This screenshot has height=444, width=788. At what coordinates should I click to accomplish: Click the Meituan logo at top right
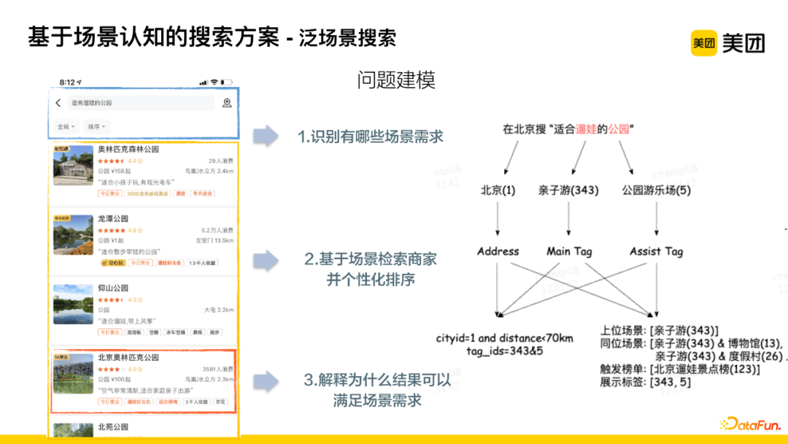click(x=727, y=44)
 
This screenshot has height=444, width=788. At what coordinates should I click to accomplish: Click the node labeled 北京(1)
click(x=498, y=190)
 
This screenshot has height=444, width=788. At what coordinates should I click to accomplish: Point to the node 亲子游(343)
click(x=568, y=190)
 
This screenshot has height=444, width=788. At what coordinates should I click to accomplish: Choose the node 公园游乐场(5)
click(x=656, y=190)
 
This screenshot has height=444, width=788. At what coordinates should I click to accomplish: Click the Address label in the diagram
click(x=498, y=251)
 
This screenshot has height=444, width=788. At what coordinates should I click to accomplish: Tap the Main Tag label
click(x=569, y=251)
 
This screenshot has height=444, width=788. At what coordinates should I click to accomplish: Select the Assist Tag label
click(x=656, y=251)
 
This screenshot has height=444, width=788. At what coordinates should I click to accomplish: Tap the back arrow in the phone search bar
click(x=58, y=103)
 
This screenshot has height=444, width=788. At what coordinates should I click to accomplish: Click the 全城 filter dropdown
click(x=66, y=126)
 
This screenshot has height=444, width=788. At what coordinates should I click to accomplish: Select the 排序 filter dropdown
click(x=96, y=126)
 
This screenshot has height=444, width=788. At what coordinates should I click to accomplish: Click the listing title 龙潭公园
click(x=113, y=218)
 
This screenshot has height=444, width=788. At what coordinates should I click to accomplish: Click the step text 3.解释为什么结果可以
click(x=377, y=380)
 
